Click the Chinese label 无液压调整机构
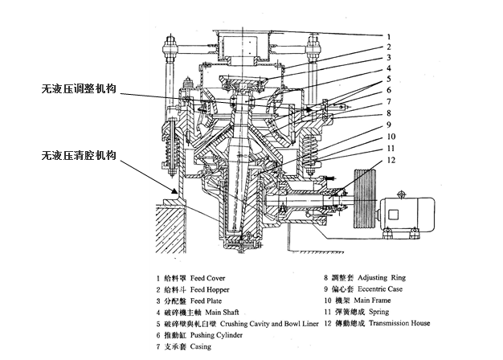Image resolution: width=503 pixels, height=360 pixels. coord(80,89)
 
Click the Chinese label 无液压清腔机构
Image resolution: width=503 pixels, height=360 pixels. coord(80,153)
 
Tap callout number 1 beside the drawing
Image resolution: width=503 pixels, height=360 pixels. coord(389,37)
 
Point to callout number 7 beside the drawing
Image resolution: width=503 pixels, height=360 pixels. coord(389,101)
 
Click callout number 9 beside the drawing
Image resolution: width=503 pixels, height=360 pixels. coord(389,125)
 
